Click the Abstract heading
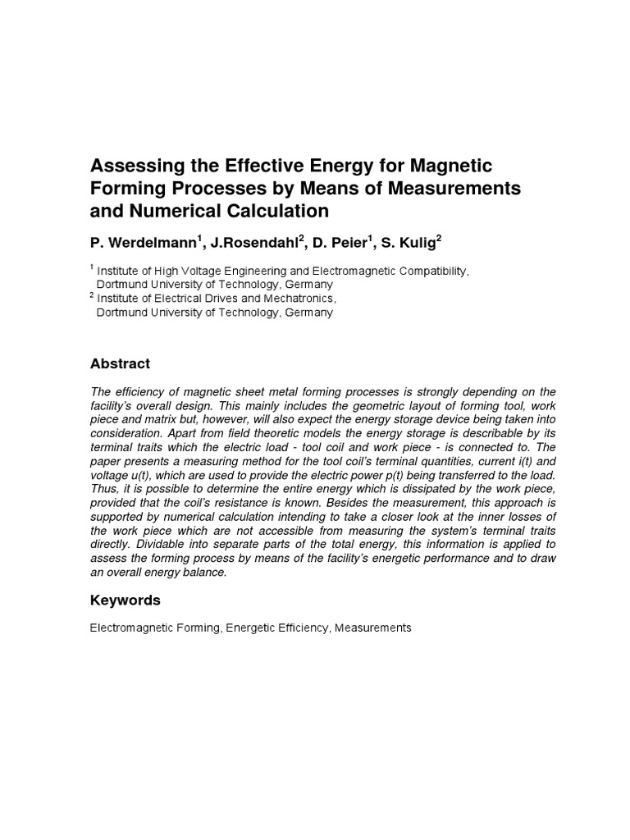[x=120, y=363]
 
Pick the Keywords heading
[x=125, y=600]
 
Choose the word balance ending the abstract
[x=203, y=573]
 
